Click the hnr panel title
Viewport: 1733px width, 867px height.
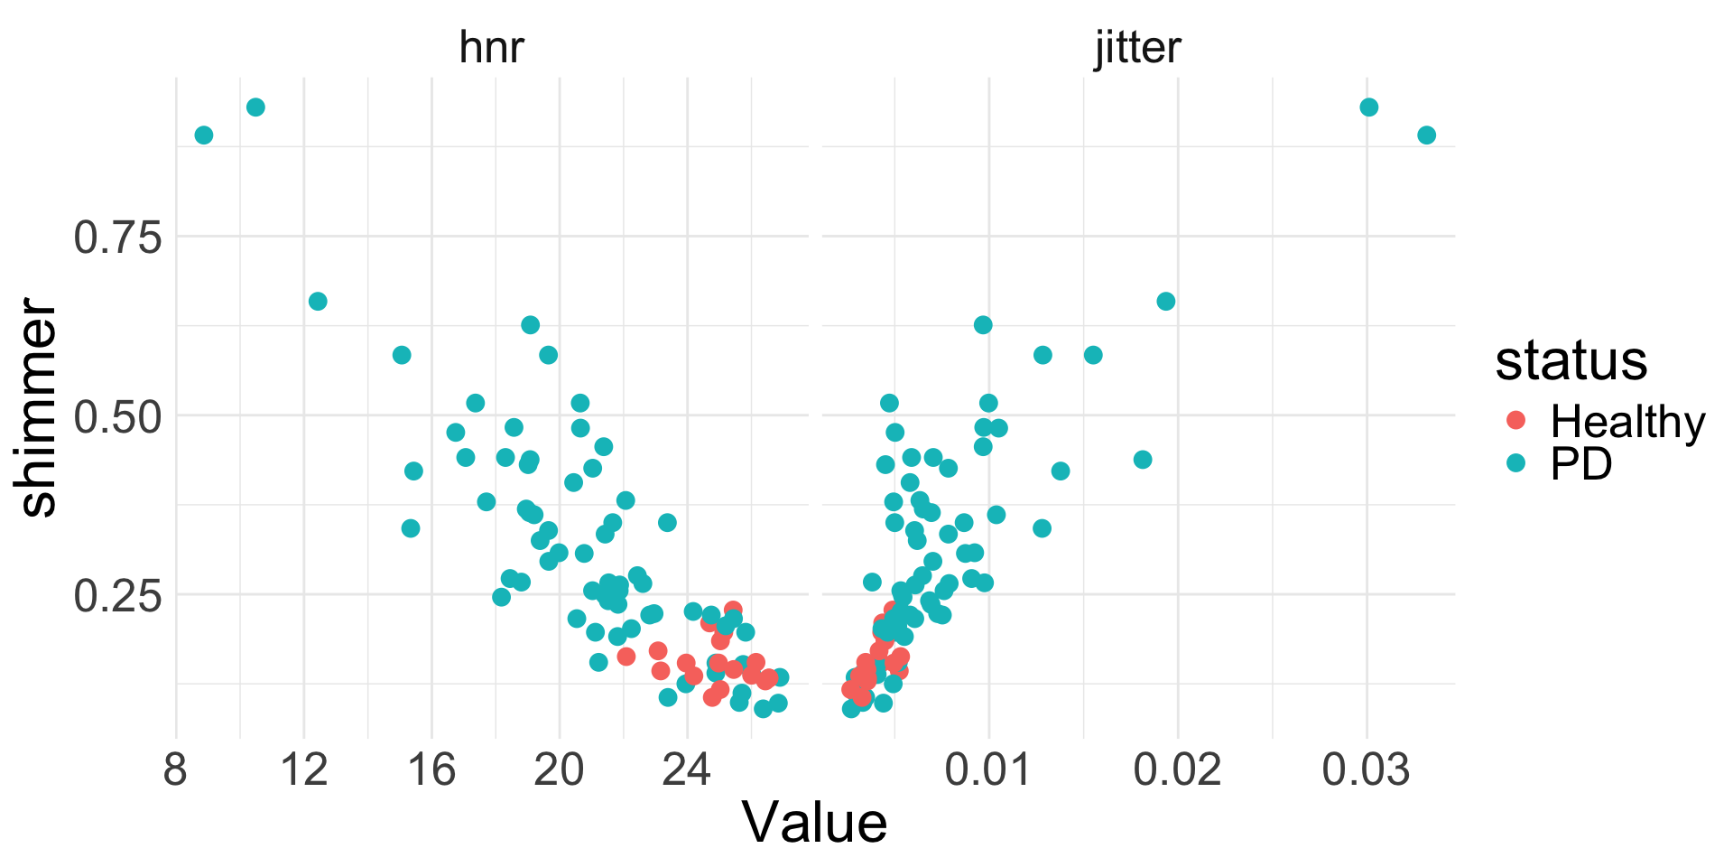(491, 47)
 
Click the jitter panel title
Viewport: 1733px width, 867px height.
(1137, 47)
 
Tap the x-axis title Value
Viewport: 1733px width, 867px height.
(814, 823)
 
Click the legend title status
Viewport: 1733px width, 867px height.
(1571, 360)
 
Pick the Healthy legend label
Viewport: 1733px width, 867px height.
(1627, 421)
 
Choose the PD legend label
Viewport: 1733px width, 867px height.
(1581, 464)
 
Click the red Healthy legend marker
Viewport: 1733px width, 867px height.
(1516, 420)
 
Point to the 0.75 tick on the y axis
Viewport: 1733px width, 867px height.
(117, 238)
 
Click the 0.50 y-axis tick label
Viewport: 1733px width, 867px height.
(117, 416)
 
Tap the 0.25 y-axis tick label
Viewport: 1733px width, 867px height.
(117, 596)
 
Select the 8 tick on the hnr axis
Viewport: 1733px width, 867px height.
(176, 771)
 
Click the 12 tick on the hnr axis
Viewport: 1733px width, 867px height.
(304, 771)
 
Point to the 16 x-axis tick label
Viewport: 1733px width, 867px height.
(431, 771)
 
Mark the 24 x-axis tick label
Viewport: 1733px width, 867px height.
(687, 771)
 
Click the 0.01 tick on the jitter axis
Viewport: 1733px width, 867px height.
(988, 771)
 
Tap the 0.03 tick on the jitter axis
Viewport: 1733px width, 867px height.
(1366, 771)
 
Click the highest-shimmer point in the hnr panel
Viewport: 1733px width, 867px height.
(255, 107)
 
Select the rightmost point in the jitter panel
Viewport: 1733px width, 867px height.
(1426, 135)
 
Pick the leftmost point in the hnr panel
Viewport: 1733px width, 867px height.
(204, 135)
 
